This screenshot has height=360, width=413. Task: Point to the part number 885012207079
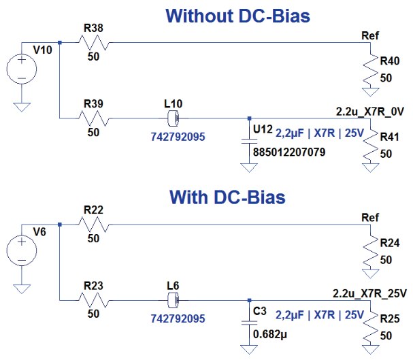point(289,154)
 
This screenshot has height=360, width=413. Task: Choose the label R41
point(389,136)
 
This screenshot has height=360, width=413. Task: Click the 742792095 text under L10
point(178,136)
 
